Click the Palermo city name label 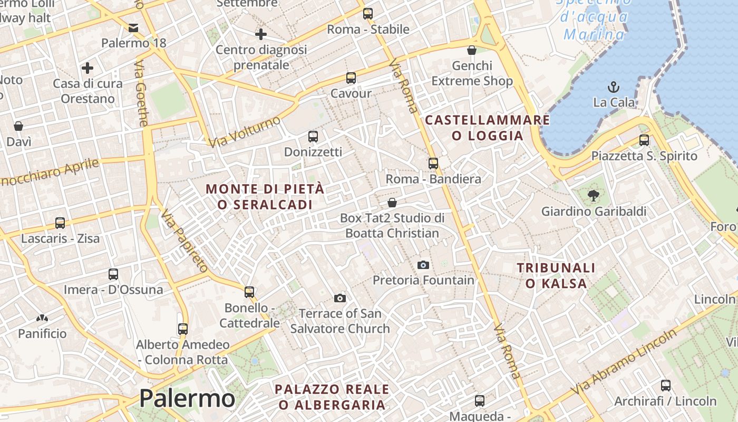(x=187, y=398)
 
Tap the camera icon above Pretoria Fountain (x=423, y=265)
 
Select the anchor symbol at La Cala (x=614, y=87)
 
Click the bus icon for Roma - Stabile (x=368, y=14)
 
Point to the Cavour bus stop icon (x=351, y=78)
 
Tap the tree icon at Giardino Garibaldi (x=594, y=196)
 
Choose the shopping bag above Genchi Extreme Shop (x=472, y=50)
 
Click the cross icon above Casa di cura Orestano (x=88, y=68)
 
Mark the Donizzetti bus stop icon (x=313, y=137)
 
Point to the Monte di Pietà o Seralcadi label (x=265, y=196)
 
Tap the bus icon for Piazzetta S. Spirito (x=644, y=140)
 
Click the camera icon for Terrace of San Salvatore (x=340, y=299)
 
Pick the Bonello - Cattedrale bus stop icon (x=249, y=292)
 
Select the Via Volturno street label (x=245, y=132)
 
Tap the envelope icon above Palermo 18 (x=133, y=27)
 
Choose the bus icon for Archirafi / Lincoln (x=666, y=386)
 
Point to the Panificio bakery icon (x=42, y=319)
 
